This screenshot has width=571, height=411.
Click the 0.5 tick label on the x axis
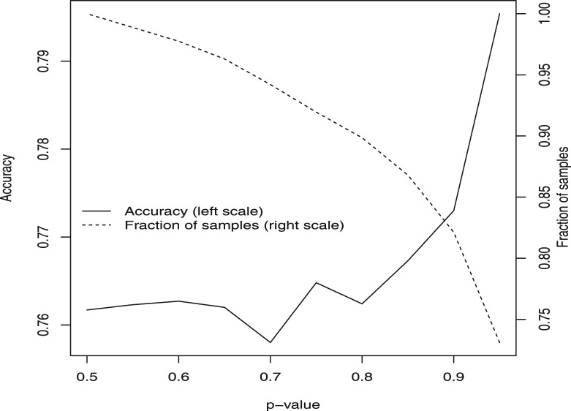86,378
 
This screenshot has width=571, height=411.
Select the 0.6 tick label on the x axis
178,378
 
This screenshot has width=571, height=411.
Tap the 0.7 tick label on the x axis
271,378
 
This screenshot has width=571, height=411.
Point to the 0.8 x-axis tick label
362,378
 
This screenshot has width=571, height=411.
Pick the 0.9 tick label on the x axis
454,378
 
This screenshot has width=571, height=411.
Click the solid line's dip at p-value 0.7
271,342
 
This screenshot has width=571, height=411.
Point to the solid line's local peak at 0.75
316,282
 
